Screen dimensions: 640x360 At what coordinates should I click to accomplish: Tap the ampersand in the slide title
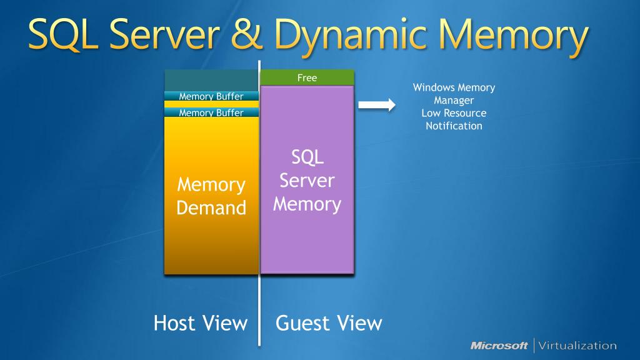[x=246, y=34]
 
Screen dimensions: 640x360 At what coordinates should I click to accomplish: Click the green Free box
[x=307, y=77]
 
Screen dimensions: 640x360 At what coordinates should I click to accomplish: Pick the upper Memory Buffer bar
[x=211, y=96]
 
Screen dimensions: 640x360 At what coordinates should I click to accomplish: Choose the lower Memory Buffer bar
[x=211, y=112]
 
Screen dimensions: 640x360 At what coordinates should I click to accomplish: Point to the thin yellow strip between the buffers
[x=211, y=104]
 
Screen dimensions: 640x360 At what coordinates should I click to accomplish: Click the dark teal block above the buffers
[x=211, y=81]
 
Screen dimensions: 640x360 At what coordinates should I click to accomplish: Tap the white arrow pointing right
[x=377, y=105]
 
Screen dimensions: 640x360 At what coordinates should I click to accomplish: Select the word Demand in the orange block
[x=211, y=207]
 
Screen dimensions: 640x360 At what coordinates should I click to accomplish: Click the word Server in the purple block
[x=307, y=181]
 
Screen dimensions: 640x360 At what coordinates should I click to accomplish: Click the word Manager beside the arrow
[x=454, y=101]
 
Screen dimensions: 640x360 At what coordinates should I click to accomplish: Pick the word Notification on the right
[x=454, y=126]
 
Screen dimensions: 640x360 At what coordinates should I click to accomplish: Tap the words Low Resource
[x=454, y=113]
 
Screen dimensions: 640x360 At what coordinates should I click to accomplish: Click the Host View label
[x=201, y=323]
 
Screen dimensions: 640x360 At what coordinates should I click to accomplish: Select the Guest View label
[x=329, y=323]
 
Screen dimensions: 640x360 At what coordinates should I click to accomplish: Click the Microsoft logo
[x=499, y=346]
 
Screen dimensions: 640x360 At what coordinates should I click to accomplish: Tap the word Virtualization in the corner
[x=577, y=346]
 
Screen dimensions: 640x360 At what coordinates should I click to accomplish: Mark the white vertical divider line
[x=259, y=203]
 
